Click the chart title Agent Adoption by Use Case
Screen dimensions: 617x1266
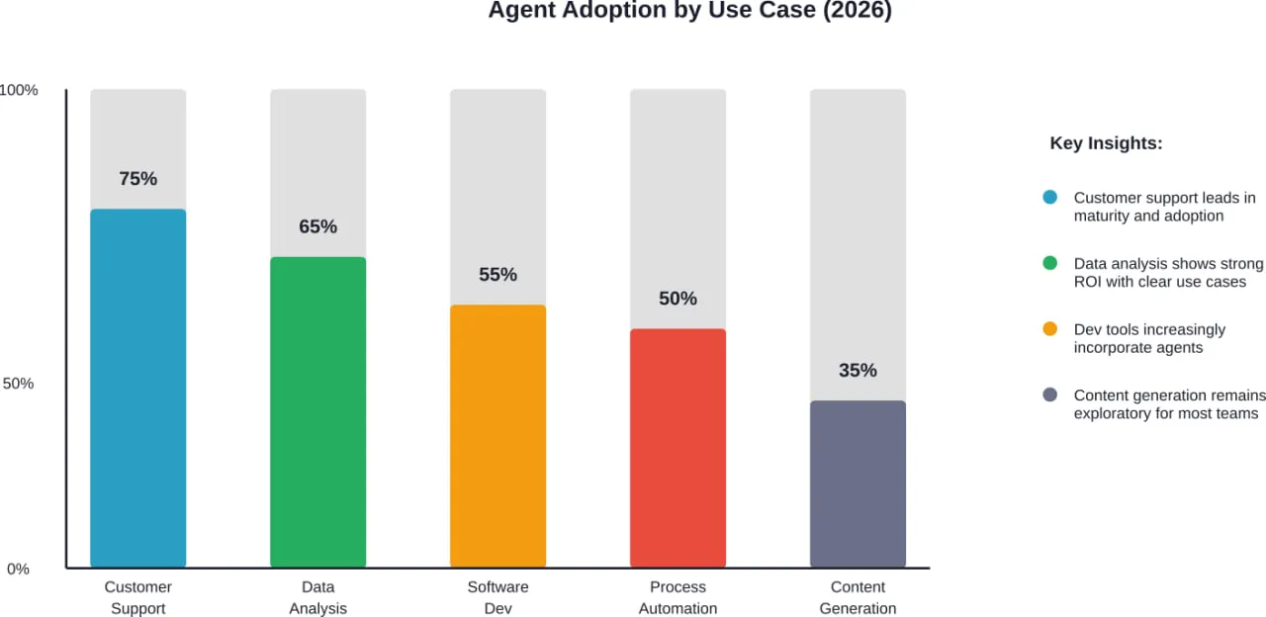689,12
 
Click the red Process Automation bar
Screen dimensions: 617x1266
678,448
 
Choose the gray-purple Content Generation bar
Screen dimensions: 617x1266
858,484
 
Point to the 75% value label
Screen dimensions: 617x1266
137,179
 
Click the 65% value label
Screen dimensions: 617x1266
317,226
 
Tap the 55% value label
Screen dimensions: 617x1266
497,275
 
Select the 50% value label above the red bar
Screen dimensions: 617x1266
678,299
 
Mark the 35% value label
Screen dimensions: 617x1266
858,371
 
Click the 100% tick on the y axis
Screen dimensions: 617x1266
19,90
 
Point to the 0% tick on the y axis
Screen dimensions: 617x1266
19,569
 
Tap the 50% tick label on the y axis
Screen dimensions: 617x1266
18,384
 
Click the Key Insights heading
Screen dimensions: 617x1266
1106,143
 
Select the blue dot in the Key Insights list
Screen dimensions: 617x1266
1050,198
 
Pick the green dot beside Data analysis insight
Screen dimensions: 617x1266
1050,264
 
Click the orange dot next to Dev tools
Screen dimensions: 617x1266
1050,329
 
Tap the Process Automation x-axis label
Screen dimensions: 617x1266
678,597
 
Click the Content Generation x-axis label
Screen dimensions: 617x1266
858,597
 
